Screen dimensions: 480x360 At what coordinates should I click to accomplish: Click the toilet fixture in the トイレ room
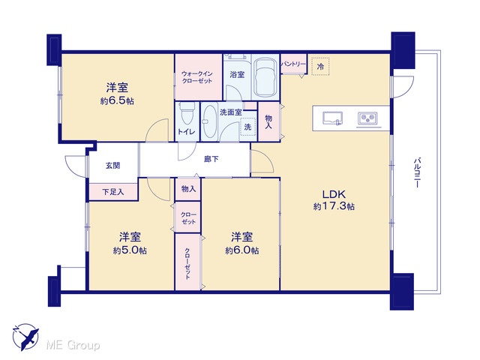point(187,113)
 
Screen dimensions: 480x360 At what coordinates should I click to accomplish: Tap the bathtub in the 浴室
point(265,78)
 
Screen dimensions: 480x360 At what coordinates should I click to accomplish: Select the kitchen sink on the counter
point(333,118)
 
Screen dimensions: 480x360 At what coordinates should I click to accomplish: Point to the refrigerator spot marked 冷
point(320,67)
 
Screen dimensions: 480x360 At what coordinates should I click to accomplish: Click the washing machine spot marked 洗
point(247,127)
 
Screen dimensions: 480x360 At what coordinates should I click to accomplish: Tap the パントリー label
point(293,64)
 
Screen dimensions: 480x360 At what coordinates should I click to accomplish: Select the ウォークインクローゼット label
point(197,77)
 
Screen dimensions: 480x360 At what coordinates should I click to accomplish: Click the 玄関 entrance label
point(112,166)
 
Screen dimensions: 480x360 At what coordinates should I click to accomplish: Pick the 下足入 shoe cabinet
point(113,192)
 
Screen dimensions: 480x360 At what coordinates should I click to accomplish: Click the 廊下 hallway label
point(211,159)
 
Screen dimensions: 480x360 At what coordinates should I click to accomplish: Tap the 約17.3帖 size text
point(334,206)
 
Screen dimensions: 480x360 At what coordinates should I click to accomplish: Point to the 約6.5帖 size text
point(117,101)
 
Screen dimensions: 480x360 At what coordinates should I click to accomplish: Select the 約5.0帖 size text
point(130,250)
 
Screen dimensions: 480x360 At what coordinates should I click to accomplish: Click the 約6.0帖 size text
point(242,250)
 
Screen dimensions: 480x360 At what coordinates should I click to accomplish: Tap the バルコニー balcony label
point(417,172)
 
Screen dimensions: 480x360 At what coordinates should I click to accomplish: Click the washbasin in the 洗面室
point(210,121)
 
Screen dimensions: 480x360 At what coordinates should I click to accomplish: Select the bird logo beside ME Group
point(25,337)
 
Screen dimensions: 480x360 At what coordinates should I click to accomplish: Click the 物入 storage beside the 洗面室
point(268,121)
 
